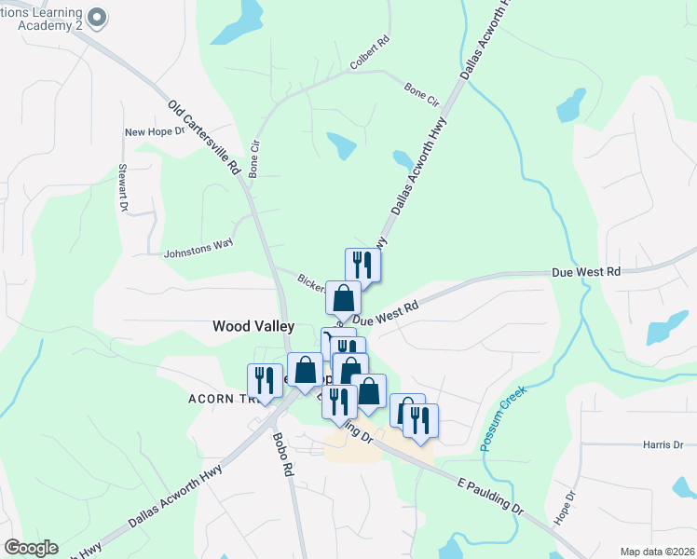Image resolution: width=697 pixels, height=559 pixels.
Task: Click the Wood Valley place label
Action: [x=253, y=326]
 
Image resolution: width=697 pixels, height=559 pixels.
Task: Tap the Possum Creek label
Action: [x=504, y=418]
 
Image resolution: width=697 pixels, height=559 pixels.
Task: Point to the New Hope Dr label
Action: [x=155, y=132]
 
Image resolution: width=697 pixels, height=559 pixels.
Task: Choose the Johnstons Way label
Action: [x=198, y=252]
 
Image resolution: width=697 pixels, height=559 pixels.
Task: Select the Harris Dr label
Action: [x=663, y=445]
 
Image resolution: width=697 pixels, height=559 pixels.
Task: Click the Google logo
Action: [x=31, y=548]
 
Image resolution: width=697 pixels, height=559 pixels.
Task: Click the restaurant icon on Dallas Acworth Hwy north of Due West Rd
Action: [x=362, y=264]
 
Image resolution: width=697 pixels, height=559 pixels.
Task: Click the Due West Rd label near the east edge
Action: [x=585, y=273]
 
